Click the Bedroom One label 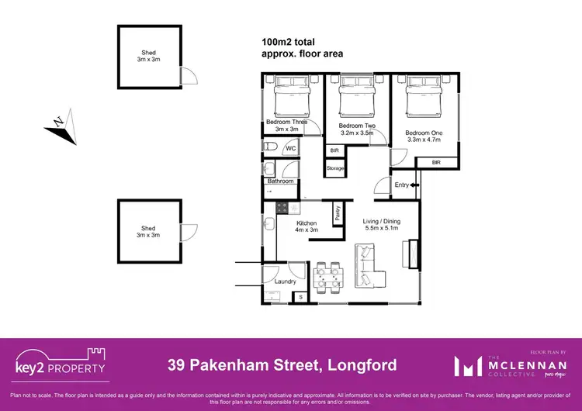[423, 133]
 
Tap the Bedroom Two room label [357, 126]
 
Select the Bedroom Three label [286, 122]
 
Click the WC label [291, 148]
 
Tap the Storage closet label [334, 168]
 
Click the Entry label [402, 185]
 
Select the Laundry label [286, 281]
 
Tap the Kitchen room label [307, 223]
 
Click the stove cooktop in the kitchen [282, 208]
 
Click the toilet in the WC [268, 147]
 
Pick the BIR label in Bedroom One [436, 162]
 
